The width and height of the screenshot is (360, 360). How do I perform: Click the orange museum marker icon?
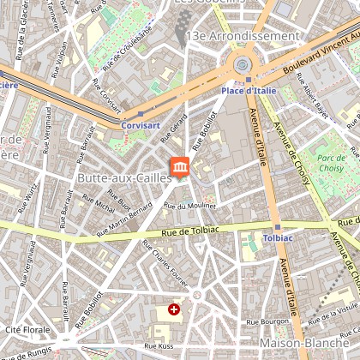[x=180, y=166]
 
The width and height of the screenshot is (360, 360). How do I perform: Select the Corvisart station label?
[x=141, y=123]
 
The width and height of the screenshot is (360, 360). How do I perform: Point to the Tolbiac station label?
[x=278, y=237]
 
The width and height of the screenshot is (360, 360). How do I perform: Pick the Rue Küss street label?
[x=159, y=346]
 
